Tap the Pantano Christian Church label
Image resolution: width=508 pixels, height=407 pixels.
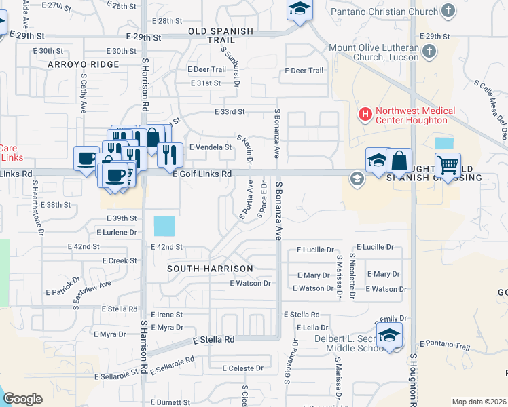384,12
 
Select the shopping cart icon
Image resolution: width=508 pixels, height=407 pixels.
448,165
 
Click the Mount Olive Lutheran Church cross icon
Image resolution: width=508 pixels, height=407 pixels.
429,52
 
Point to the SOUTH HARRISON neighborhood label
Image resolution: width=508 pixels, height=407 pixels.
202,269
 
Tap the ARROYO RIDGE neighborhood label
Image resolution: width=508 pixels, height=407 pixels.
84,64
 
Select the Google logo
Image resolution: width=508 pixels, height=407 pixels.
22,399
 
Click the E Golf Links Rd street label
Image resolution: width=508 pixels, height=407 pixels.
202,174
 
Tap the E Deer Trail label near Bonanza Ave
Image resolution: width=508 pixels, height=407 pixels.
304,71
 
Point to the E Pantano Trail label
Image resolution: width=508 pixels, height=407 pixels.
445,346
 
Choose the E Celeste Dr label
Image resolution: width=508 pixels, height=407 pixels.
242,368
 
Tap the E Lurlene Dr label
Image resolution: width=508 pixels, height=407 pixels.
119,232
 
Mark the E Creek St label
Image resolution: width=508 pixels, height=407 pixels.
120,260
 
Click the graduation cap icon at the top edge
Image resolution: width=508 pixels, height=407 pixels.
297,10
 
